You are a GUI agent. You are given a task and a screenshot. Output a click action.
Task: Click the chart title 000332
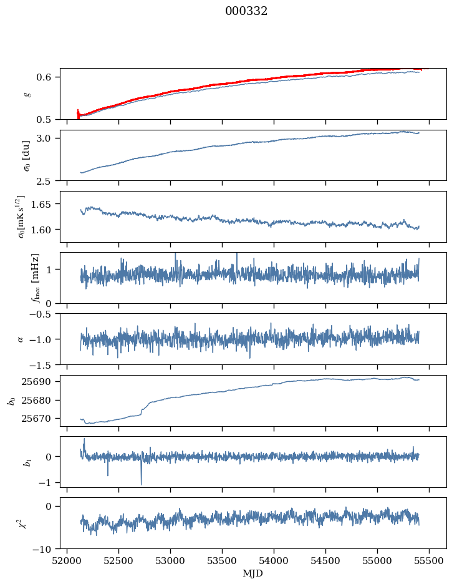click(246, 11)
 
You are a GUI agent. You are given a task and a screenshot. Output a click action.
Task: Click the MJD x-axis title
click(253, 573)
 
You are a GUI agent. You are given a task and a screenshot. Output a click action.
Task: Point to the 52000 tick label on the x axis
click(67, 560)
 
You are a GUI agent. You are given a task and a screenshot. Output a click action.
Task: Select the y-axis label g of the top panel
click(26, 94)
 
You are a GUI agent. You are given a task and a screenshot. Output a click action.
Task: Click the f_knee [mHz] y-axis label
click(36, 278)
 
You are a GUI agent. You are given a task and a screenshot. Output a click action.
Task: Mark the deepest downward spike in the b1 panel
click(141, 484)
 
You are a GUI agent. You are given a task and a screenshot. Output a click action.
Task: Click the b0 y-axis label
click(11, 400)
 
